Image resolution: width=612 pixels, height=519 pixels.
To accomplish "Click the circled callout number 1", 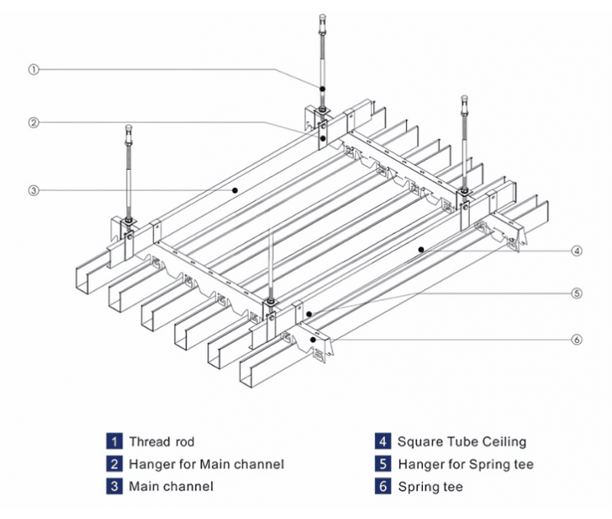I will [34, 69].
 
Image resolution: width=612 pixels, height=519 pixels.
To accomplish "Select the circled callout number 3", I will [34, 191].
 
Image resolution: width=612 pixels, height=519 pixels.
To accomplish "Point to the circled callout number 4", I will [575, 250].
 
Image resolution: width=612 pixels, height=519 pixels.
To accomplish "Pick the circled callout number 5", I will [575, 292].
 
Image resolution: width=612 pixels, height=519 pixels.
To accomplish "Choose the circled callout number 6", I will [575, 339].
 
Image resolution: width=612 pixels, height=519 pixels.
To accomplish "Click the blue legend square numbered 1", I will [114, 441].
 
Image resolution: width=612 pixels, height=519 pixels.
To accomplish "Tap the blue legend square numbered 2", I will [114, 464].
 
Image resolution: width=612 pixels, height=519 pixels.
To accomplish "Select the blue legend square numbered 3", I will [114, 486].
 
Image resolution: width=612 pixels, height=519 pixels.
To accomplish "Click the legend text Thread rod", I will [161, 441].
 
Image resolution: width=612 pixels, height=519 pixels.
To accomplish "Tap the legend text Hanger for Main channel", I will [207, 464].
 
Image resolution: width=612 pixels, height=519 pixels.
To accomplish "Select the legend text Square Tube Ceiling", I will [461, 441].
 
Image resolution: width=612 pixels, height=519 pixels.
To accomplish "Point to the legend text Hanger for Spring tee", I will [465, 464].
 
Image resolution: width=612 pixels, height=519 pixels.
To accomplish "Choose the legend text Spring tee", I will [430, 486].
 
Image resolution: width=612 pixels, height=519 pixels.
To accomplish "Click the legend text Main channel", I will [171, 486].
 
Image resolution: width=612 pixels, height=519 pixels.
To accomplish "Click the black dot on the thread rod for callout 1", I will [323, 90].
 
